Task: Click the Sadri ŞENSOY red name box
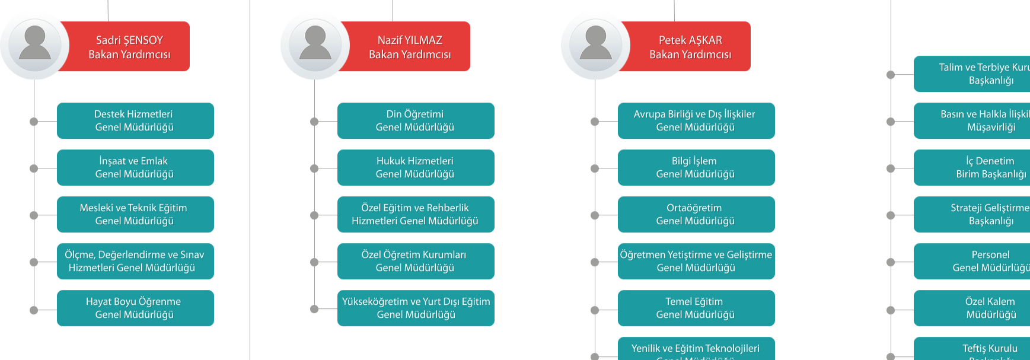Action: click(129, 47)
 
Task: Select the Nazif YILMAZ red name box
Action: click(410, 47)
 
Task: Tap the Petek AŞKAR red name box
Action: click(690, 47)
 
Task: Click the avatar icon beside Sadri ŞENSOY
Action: click(35, 44)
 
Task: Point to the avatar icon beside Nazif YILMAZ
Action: click(315, 44)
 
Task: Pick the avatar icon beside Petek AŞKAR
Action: click(596, 44)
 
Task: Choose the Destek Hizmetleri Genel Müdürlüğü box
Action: click(135, 120)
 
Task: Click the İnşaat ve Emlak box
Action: click(135, 167)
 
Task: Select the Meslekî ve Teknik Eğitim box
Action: click(135, 214)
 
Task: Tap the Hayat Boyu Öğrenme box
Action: click(135, 308)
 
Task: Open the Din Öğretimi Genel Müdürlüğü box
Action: click(416, 120)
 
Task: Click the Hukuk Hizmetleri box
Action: click(416, 167)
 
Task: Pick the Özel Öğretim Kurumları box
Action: click(416, 261)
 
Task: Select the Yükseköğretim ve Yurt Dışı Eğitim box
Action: click(416, 308)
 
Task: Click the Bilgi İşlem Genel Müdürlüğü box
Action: click(696, 167)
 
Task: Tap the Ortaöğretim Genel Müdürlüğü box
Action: click(696, 214)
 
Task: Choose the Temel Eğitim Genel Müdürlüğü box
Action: click(696, 308)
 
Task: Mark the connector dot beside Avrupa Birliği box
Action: click(595, 122)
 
